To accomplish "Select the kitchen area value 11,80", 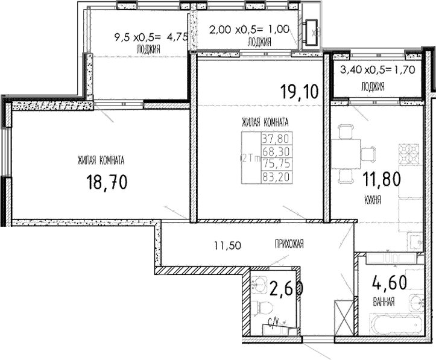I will (381, 179).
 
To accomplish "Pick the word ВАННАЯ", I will (383, 302).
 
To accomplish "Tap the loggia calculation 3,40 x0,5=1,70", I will (378, 70).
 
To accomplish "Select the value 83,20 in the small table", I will (271, 176).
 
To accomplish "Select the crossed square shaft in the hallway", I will (342, 314).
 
